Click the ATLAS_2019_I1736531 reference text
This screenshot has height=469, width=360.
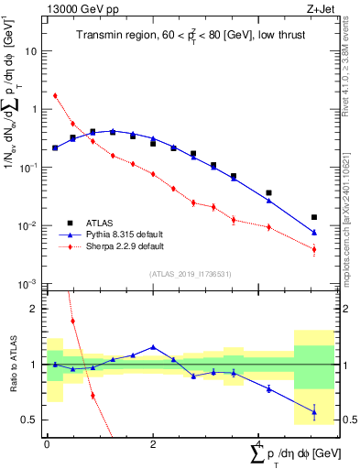coord(189,273)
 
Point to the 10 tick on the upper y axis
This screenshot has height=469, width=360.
coord(34,51)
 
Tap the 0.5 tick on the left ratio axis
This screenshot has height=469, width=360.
coord(30,420)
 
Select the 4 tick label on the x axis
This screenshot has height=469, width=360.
coord(257,444)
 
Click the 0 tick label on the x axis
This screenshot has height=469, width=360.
coord(47,444)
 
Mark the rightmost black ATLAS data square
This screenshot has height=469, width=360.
coord(314,217)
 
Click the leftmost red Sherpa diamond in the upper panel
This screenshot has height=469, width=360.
coord(55,95)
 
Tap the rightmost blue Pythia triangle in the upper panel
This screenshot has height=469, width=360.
coord(314,233)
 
